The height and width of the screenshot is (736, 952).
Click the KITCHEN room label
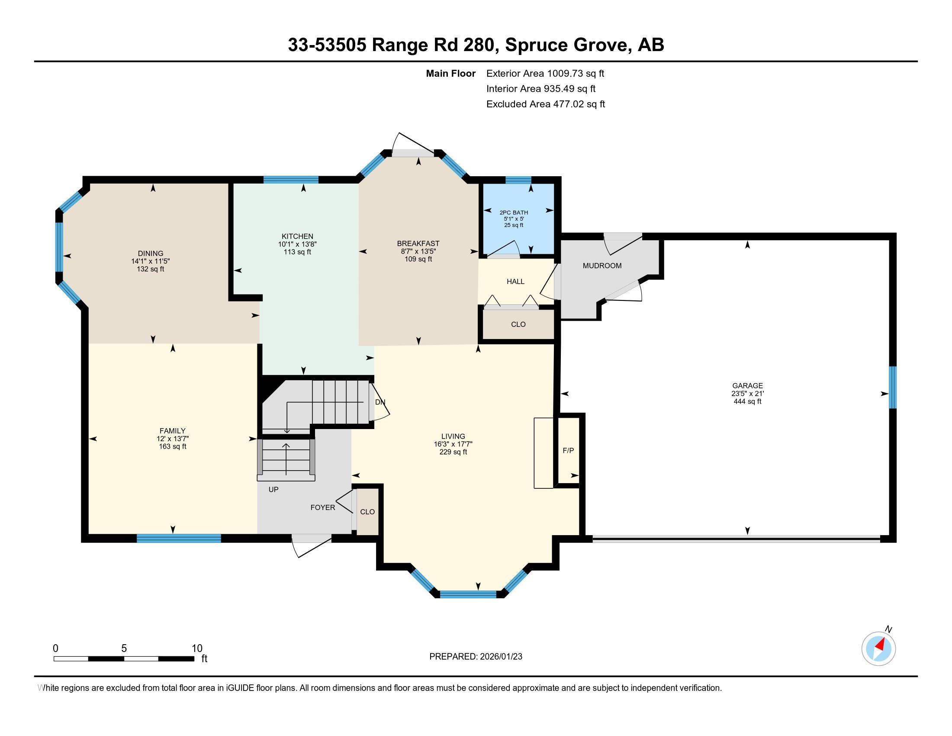[297, 236]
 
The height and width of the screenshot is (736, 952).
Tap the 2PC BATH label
[514, 212]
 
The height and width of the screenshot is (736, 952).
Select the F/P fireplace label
[568, 450]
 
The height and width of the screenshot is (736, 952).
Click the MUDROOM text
[602, 265]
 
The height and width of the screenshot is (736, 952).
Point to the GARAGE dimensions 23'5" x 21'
[747, 393]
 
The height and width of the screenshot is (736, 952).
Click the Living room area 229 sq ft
[453, 452]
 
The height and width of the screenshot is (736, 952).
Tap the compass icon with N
[878, 649]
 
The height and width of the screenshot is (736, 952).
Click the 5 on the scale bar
[124, 649]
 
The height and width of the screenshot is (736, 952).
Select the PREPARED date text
[476, 656]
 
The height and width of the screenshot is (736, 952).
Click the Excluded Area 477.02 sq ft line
[545, 104]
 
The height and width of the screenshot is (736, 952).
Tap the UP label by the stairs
[273, 489]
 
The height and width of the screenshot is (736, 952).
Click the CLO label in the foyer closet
[367, 511]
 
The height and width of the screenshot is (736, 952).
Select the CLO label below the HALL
[518, 324]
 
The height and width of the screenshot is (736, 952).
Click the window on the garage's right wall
[892, 387]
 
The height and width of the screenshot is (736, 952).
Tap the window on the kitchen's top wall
[291, 180]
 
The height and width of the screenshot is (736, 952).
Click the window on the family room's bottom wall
[179, 538]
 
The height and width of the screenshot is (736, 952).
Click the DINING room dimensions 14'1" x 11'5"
[151, 261]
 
